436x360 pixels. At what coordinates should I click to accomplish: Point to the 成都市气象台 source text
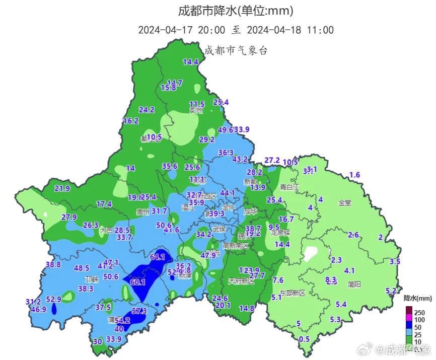[x=235, y=50]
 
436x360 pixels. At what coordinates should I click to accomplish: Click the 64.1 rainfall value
[x=158, y=257]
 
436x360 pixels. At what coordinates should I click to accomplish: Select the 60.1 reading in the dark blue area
[x=137, y=282]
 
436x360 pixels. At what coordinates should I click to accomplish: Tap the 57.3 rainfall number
[x=139, y=311]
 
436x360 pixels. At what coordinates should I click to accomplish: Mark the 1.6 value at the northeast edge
[x=355, y=175]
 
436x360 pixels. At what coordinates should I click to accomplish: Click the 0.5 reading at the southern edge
[x=304, y=339]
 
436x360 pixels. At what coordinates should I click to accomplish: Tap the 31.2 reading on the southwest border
[x=33, y=302]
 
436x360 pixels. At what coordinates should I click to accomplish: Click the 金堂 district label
[x=345, y=203]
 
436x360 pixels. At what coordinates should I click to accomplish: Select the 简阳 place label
[x=354, y=284]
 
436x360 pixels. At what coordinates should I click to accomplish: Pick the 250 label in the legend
[x=419, y=313]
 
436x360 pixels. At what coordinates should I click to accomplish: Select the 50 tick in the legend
[x=417, y=327]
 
